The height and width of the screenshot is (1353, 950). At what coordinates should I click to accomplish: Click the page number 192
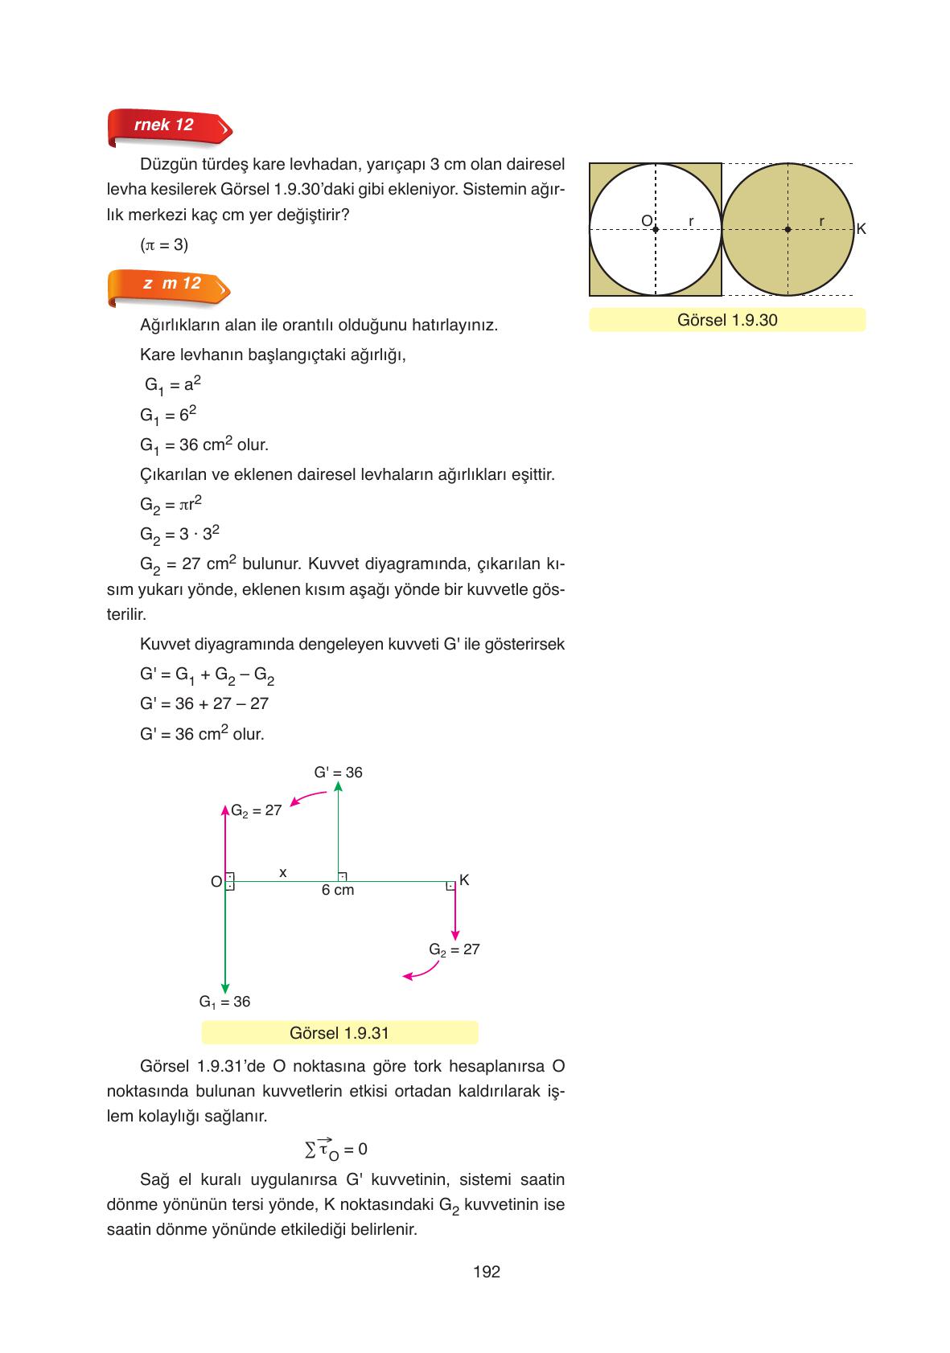pyautogui.click(x=487, y=1272)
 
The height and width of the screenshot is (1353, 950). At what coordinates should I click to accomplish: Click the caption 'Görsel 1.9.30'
pyautogui.click(x=727, y=320)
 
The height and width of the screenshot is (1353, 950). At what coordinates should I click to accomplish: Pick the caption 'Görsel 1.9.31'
pyautogui.click(x=339, y=1033)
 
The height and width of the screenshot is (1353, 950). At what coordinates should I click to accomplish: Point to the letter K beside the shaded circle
pyautogui.click(x=861, y=230)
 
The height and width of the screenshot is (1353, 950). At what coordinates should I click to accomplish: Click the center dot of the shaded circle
pyautogui.click(x=788, y=230)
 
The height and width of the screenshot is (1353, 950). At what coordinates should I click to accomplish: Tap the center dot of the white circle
pyautogui.click(x=656, y=230)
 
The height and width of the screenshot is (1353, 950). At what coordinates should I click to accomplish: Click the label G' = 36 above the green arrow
pyautogui.click(x=338, y=773)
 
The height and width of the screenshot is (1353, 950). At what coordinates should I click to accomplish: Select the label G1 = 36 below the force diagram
pyautogui.click(x=224, y=1002)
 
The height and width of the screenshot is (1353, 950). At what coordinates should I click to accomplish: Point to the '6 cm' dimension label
pyautogui.click(x=338, y=891)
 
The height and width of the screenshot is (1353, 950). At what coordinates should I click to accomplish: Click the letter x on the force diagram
pyautogui.click(x=282, y=872)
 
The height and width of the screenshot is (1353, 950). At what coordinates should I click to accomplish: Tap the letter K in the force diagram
pyautogui.click(x=464, y=880)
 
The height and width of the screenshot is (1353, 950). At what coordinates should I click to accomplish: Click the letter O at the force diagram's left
pyautogui.click(x=216, y=882)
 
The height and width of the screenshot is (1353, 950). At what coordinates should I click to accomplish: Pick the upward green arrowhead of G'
pyautogui.click(x=338, y=787)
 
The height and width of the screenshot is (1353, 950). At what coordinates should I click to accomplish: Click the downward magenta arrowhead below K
pyautogui.click(x=455, y=935)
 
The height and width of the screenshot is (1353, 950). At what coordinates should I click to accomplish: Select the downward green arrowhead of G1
pyautogui.click(x=225, y=988)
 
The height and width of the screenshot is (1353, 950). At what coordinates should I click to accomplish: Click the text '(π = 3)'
pyautogui.click(x=164, y=244)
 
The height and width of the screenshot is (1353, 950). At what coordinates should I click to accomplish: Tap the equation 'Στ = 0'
pyautogui.click(x=336, y=1149)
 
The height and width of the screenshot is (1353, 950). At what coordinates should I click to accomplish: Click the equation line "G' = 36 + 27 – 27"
pyautogui.click(x=204, y=704)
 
